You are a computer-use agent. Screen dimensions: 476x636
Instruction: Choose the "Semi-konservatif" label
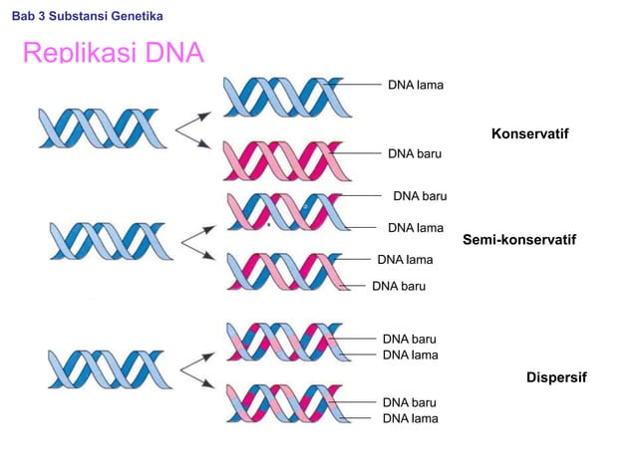click(520, 240)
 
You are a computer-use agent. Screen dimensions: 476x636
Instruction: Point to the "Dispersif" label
click(556, 378)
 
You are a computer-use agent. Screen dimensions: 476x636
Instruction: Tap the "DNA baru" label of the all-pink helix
click(416, 154)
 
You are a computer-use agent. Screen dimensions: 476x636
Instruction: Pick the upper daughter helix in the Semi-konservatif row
click(285, 211)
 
